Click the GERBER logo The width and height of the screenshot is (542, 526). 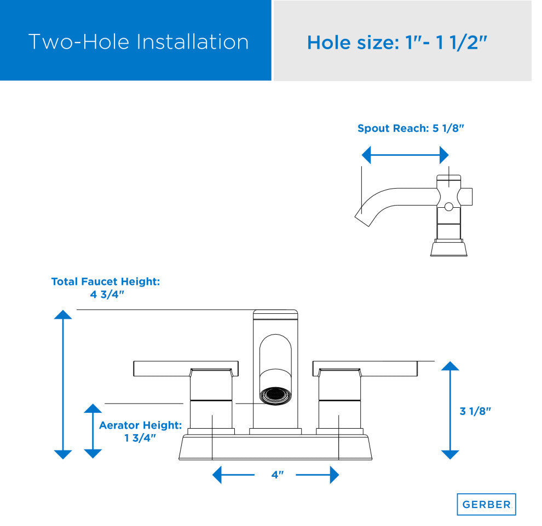pyautogui.click(x=486, y=504)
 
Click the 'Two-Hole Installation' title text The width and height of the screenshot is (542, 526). pyautogui.click(x=139, y=42)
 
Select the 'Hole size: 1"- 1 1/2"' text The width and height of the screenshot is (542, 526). pyautogui.click(x=397, y=43)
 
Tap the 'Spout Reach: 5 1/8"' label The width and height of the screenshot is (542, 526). pyautogui.click(x=411, y=128)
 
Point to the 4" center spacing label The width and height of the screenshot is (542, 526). pyautogui.click(x=278, y=475)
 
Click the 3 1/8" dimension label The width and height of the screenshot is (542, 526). pyautogui.click(x=475, y=411)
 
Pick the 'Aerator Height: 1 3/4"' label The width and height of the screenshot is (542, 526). pyautogui.click(x=140, y=431)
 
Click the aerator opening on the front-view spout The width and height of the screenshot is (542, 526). pyautogui.click(x=275, y=395)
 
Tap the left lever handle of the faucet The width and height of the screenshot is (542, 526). pyautogui.click(x=186, y=369)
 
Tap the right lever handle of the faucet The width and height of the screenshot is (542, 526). pyautogui.click(x=365, y=369)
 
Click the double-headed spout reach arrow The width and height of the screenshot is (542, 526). pyautogui.click(x=405, y=155)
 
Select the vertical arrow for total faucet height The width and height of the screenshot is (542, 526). pyautogui.click(x=63, y=384)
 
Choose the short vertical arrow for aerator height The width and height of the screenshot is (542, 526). pyautogui.click(x=93, y=431)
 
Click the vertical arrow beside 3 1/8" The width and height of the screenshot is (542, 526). pyautogui.click(x=450, y=411)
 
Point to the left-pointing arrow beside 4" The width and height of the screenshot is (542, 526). pyautogui.click(x=233, y=475)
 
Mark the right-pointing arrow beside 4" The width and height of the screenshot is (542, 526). pyautogui.click(x=318, y=475)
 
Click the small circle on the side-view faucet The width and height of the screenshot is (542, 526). pyautogui.click(x=449, y=207)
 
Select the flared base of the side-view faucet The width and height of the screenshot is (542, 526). pyautogui.click(x=449, y=249)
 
